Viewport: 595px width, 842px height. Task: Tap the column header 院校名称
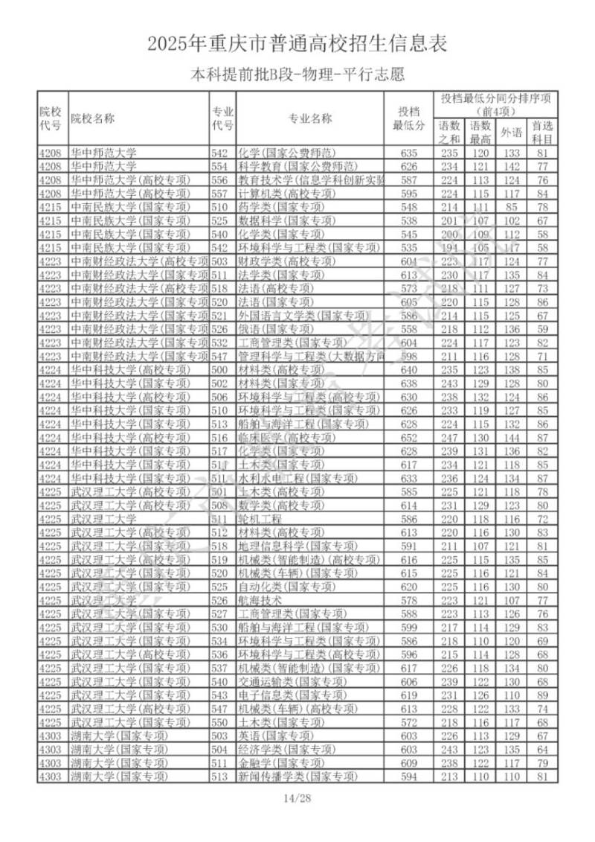click(x=93, y=118)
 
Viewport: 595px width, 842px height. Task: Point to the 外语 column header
click(x=510, y=132)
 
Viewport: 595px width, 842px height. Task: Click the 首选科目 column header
click(x=542, y=132)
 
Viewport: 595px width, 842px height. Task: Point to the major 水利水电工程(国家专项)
click(x=288, y=477)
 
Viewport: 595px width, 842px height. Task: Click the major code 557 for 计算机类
click(x=219, y=193)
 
